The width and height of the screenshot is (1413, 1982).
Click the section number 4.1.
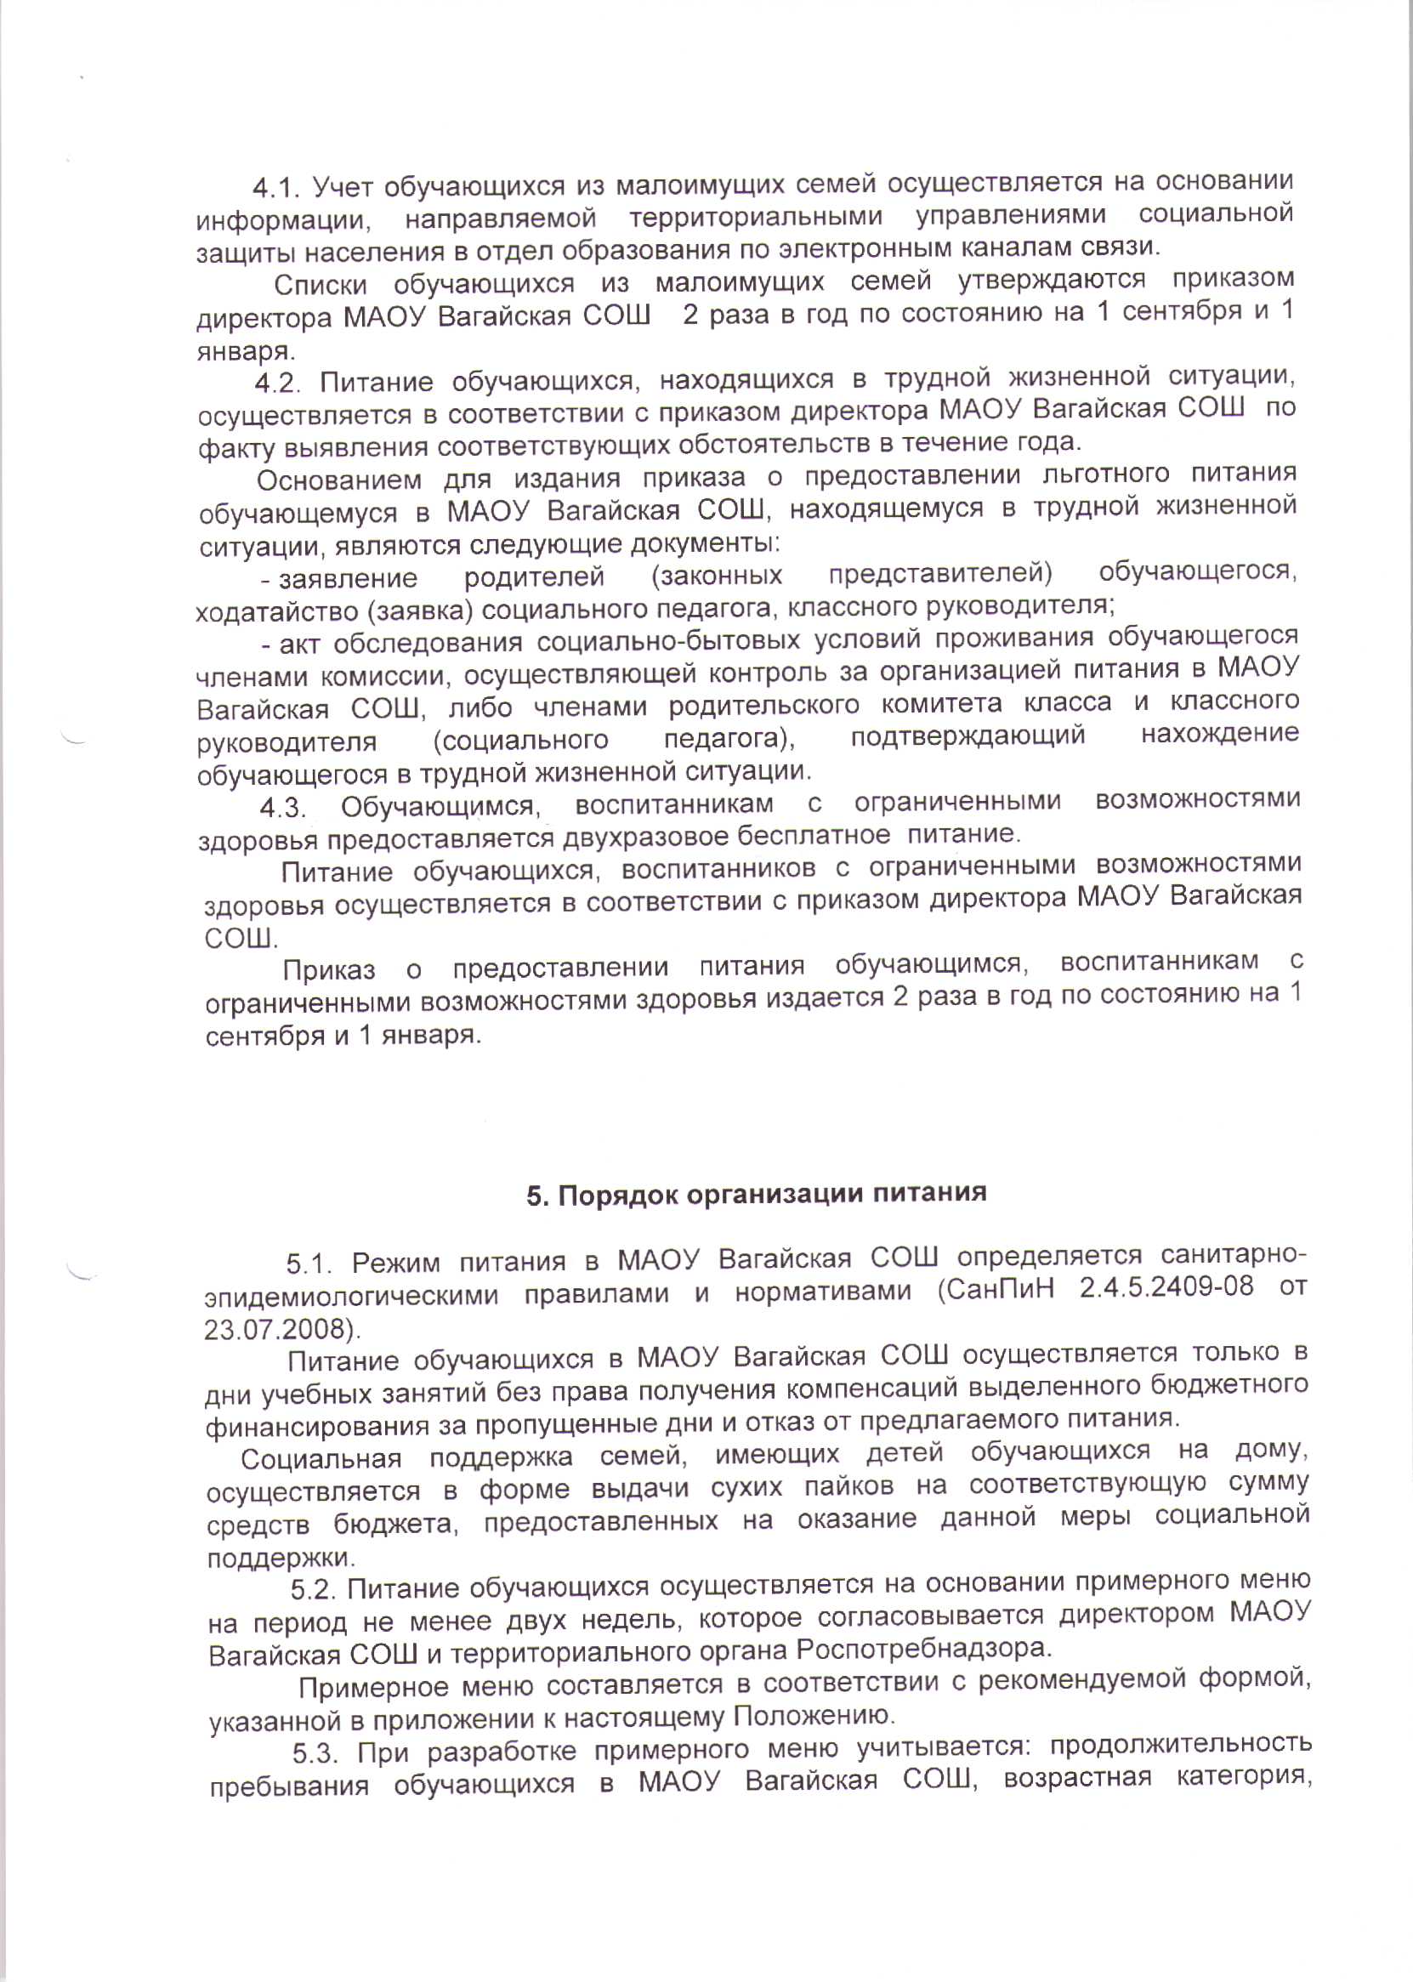point(275,187)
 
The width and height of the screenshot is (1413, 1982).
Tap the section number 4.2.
point(277,383)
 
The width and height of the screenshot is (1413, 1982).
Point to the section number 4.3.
point(282,809)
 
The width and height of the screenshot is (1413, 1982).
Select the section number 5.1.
point(309,1263)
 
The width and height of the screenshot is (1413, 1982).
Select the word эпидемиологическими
point(351,1296)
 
